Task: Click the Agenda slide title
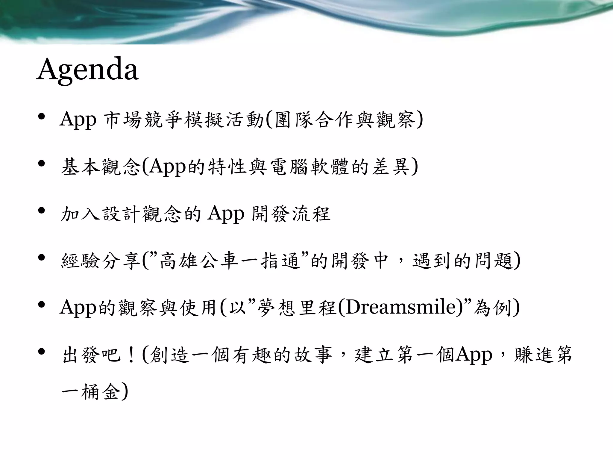click(87, 69)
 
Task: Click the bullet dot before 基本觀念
click(42, 164)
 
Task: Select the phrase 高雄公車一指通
click(230, 261)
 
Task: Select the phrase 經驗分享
click(100, 261)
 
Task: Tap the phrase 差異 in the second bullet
click(391, 167)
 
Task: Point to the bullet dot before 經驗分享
click(42, 257)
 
